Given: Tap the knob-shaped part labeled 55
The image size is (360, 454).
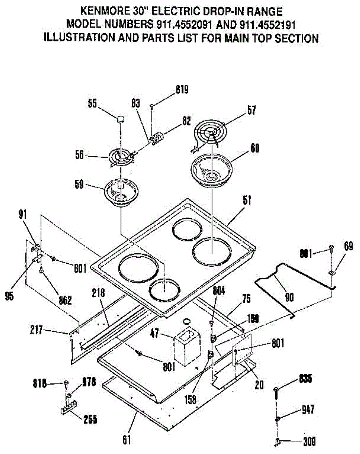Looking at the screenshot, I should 120,119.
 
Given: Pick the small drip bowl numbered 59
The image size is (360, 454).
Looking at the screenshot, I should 120,191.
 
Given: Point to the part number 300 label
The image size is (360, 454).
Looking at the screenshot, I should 309,441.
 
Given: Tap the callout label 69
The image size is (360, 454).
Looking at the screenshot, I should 349,247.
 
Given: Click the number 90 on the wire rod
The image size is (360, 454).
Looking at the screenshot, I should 289,298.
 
